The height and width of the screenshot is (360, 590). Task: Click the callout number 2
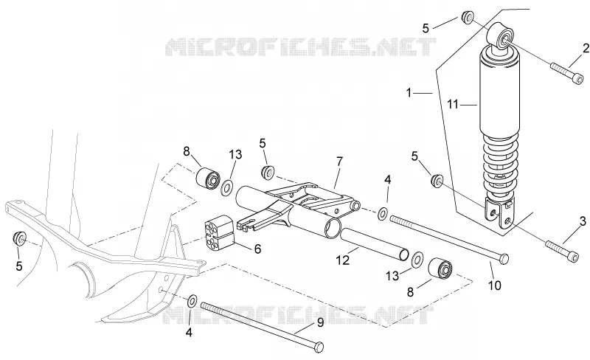click(586, 48)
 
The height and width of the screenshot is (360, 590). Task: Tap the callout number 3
click(583, 221)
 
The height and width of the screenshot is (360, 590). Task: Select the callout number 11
click(453, 104)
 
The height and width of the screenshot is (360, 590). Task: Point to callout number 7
click(340, 162)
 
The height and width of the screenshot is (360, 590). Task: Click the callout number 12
click(343, 260)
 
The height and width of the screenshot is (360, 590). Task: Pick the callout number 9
click(320, 322)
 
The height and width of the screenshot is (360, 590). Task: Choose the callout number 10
click(495, 285)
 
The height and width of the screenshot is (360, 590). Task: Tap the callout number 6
click(257, 249)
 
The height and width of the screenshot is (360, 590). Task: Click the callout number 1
click(409, 92)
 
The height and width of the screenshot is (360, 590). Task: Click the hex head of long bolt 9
click(319, 347)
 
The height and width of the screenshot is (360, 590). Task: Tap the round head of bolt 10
click(504, 258)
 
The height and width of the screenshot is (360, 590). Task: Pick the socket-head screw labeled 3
click(562, 252)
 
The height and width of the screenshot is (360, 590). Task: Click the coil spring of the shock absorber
click(502, 164)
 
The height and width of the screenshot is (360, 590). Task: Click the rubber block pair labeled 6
click(219, 233)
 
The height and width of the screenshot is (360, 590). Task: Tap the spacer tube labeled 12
click(374, 243)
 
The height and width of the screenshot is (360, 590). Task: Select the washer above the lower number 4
click(192, 301)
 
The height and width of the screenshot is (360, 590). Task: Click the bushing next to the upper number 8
click(209, 177)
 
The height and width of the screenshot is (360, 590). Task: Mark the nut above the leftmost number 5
click(19, 238)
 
